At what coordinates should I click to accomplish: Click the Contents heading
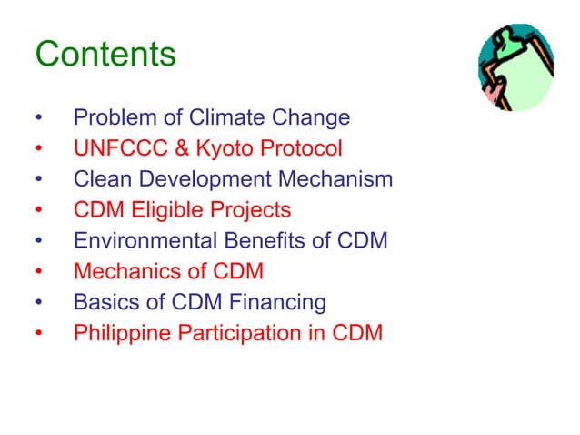pos(105,55)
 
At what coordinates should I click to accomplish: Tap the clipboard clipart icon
pos(515,67)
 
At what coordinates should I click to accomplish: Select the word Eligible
pos(168,211)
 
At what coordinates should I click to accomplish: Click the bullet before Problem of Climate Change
pos(38,119)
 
